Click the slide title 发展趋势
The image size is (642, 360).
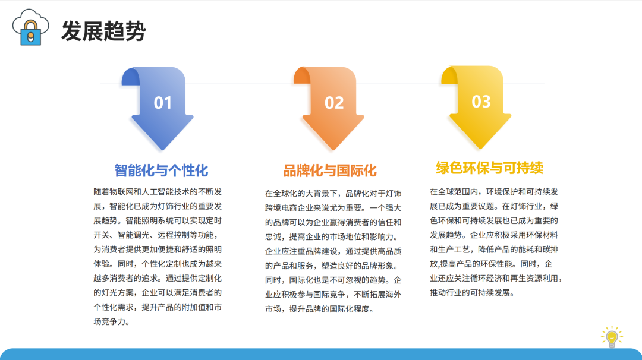[x=103, y=31]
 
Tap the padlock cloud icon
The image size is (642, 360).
[x=31, y=27]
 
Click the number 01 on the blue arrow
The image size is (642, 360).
[x=162, y=103]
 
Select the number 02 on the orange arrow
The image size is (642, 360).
[x=334, y=103]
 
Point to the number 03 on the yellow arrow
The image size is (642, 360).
[x=481, y=102]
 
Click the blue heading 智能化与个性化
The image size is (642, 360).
[x=161, y=170]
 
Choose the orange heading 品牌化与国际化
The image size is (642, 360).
[x=330, y=170]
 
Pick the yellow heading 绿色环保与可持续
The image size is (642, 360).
[x=490, y=168]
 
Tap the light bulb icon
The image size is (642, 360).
[x=612, y=337]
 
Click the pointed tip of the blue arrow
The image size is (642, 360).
[x=162, y=150]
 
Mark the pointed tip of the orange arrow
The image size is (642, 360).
[x=333, y=150]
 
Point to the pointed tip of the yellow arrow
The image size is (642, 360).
[x=480, y=149]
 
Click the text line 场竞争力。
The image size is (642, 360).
[x=112, y=321]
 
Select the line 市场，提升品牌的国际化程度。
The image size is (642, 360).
[x=319, y=309]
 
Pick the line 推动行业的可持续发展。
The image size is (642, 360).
[x=472, y=292]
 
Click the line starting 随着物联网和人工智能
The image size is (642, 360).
[x=158, y=191]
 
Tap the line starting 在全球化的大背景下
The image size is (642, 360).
[x=333, y=194]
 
